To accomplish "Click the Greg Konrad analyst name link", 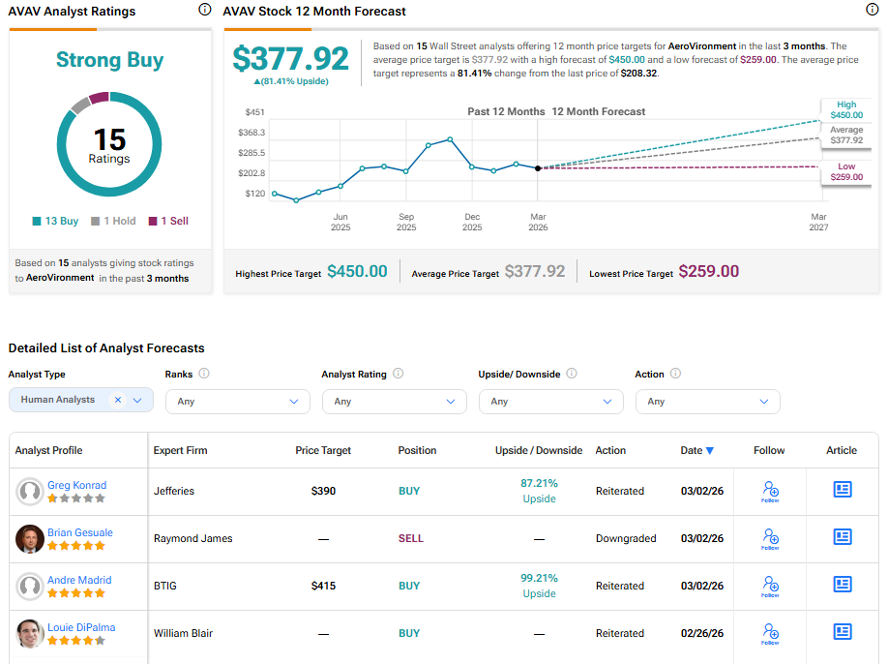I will click(76, 485).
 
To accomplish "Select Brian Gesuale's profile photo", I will click(30, 539).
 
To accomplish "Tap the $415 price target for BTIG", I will click(323, 586).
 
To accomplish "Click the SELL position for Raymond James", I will click(410, 538).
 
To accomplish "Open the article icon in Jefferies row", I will click(842, 491).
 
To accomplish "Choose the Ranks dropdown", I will click(237, 401).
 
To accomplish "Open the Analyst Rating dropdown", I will click(394, 401).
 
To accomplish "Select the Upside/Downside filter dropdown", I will click(550, 401).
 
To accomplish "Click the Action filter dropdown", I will click(707, 401).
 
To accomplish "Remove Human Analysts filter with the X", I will click(118, 400).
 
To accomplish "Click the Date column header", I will click(696, 450).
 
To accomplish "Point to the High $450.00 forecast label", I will click(846, 110).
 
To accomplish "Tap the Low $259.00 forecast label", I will click(846, 172).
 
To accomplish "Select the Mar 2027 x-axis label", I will click(818, 222).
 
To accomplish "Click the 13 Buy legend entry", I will click(55, 221).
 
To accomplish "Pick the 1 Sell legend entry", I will click(167, 221).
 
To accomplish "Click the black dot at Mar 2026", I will click(538, 168).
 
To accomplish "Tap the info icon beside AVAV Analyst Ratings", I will click(204, 10).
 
